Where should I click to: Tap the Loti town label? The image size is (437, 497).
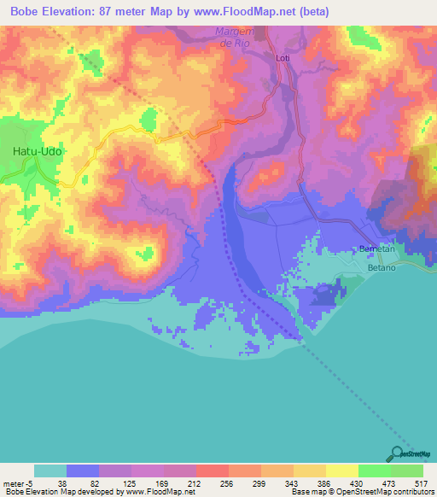tap(284, 58)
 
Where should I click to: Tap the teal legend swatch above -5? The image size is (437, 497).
tap(50, 471)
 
